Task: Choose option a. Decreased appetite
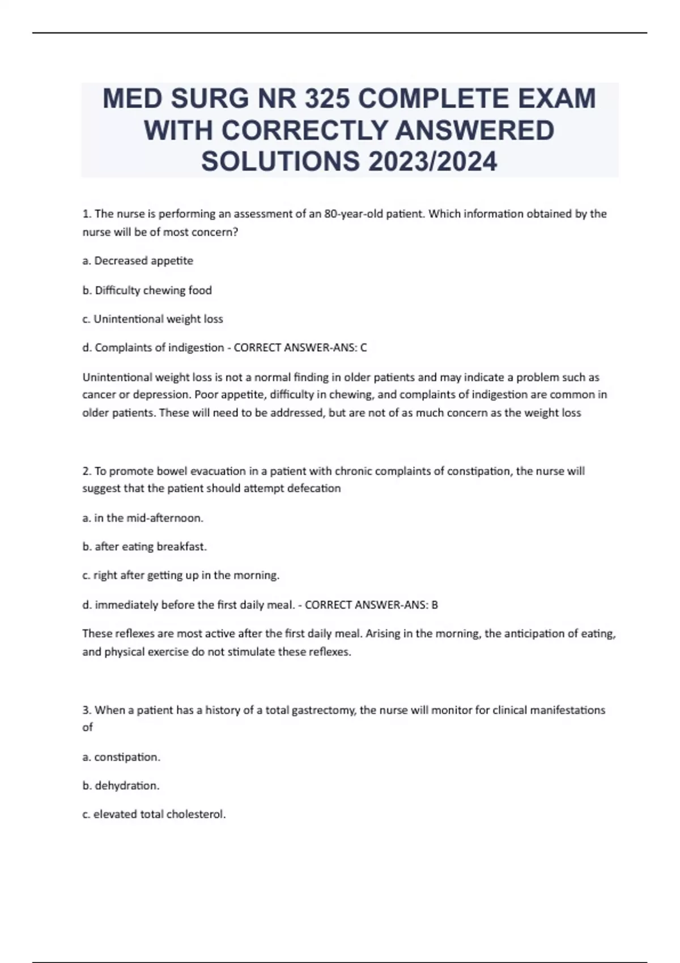(x=138, y=261)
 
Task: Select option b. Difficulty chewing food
(x=147, y=290)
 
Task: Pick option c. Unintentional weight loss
(x=152, y=319)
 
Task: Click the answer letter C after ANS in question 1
(x=364, y=348)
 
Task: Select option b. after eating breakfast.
(x=144, y=547)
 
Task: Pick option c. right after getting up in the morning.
(x=181, y=576)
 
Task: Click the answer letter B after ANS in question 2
(x=435, y=605)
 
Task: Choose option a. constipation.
(x=121, y=757)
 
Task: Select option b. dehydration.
(x=121, y=786)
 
